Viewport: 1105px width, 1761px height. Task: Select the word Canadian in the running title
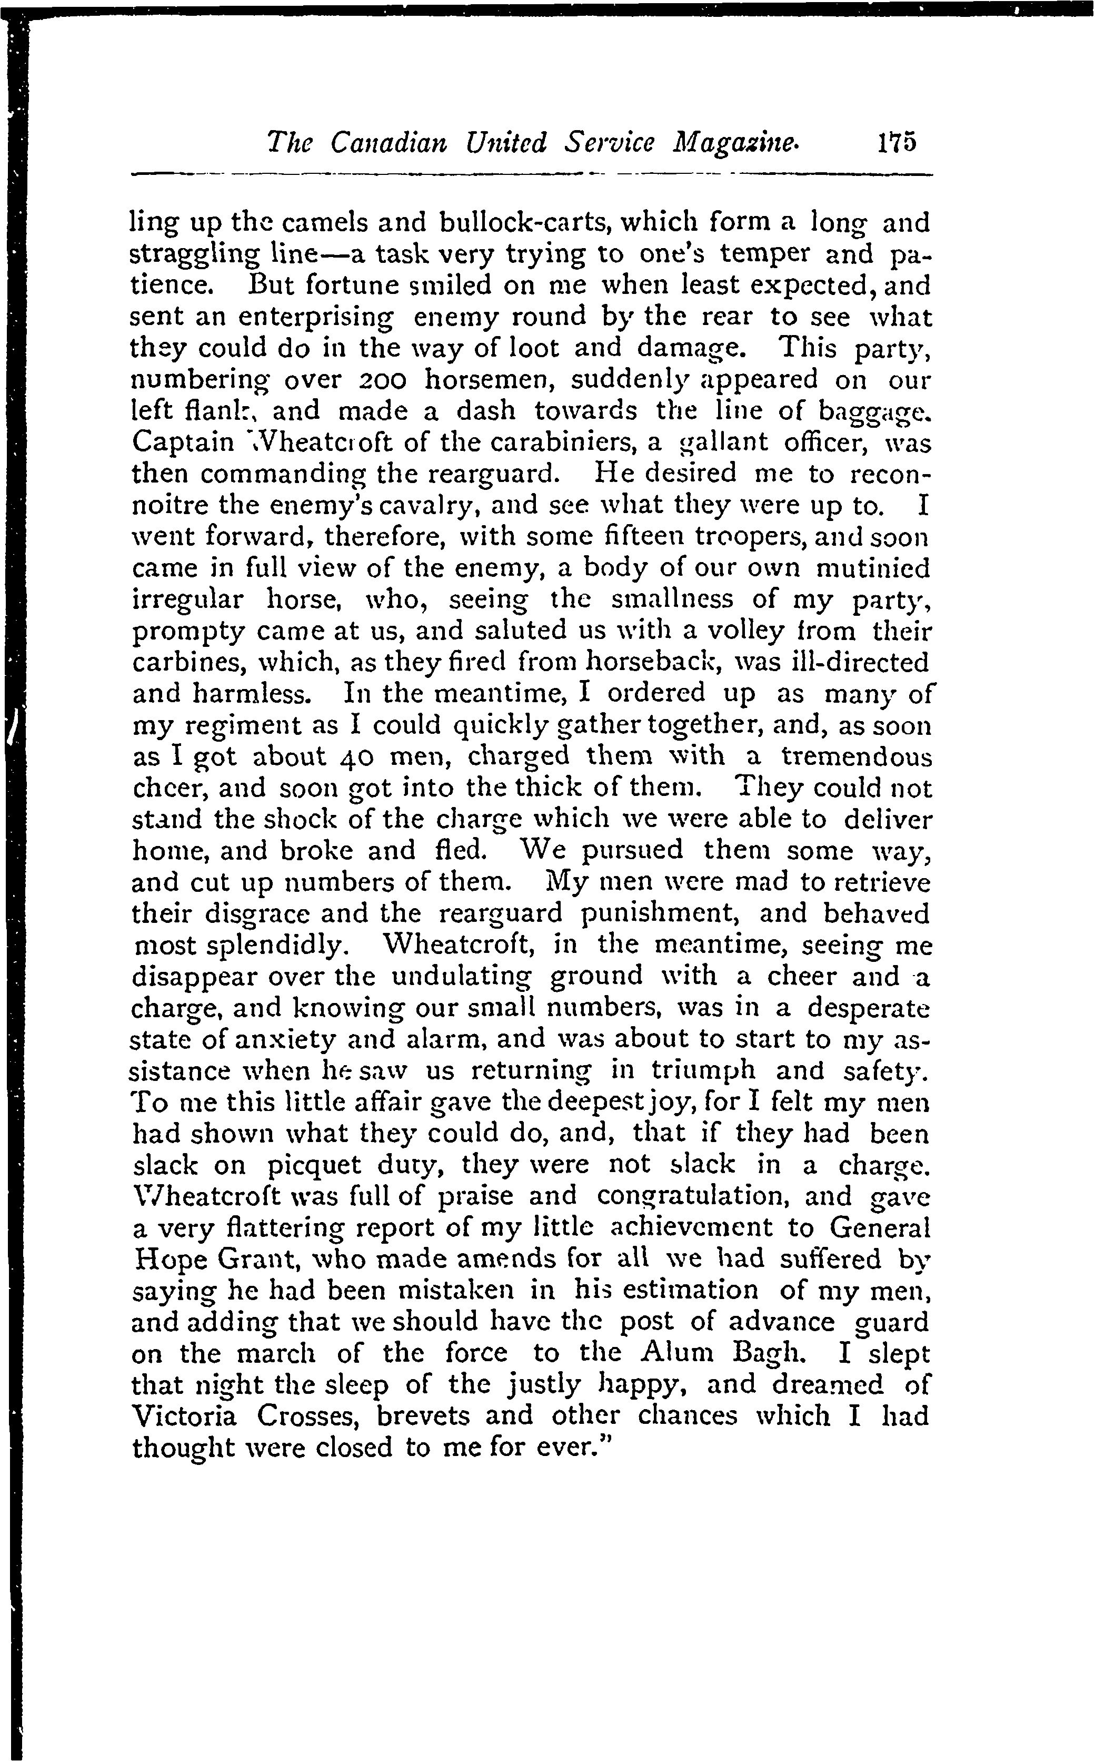click(389, 141)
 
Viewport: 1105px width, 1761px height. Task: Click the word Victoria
click(185, 1418)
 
